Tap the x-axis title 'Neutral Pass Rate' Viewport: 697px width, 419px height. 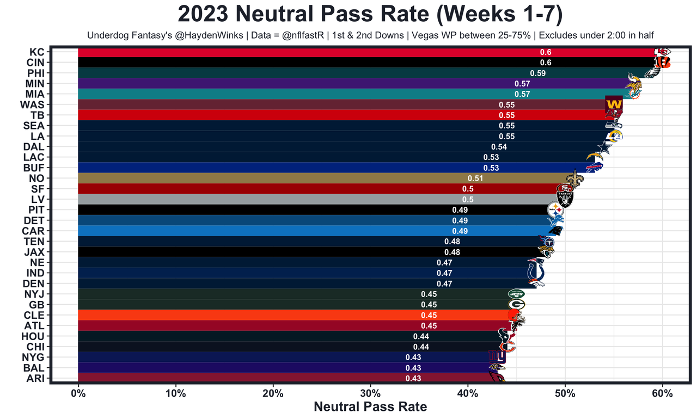pyautogui.click(x=370, y=406)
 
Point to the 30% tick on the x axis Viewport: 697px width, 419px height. pyautogui.click(x=370, y=392)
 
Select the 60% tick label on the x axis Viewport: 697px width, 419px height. pyautogui.click(x=662, y=392)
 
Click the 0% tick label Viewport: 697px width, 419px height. pyautogui.click(x=78, y=392)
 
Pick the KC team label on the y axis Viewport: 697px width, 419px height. pyautogui.click(x=37, y=52)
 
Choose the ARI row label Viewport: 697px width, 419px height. pyautogui.click(x=35, y=379)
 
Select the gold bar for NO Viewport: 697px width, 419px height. pyautogui.click(x=272, y=178)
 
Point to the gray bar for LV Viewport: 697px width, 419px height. pyautogui.click(x=272, y=199)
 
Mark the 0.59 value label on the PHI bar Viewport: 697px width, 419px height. pyautogui.click(x=537, y=73)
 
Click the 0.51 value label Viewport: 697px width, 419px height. pyautogui.click(x=475, y=178)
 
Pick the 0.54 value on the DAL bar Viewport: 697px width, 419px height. pyautogui.click(x=499, y=147)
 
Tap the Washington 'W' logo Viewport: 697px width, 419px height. pyautogui.click(x=614, y=103)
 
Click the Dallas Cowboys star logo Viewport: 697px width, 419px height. pyautogui.click(x=603, y=147)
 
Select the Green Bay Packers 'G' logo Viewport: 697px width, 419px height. pyautogui.click(x=516, y=305)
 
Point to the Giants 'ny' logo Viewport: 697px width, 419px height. pyautogui.click(x=497, y=357)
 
